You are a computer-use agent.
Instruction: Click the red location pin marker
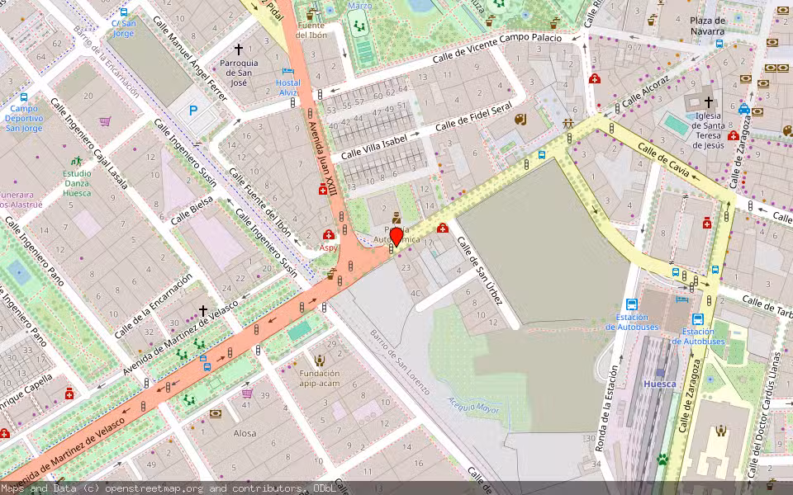[x=396, y=238]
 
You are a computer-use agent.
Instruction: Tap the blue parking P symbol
[x=194, y=110]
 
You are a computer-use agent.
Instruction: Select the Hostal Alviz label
[x=287, y=87]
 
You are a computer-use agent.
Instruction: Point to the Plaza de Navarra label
[x=708, y=26]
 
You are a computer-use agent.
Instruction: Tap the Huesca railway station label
[x=660, y=384]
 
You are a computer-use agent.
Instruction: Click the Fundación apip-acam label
[x=319, y=378]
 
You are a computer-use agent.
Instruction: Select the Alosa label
[x=245, y=433]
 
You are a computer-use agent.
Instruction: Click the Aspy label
[x=329, y=247]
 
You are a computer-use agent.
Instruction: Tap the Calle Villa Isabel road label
[x=374, y=147]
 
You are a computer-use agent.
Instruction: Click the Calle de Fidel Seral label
[x=473, y=117]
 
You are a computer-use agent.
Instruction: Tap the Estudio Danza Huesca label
[x=77, y=183]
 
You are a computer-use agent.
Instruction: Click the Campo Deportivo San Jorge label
[x=24, y=118]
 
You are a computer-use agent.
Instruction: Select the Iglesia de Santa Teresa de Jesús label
[x=709, y=130]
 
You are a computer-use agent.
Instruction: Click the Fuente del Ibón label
[x=311, y=31]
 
